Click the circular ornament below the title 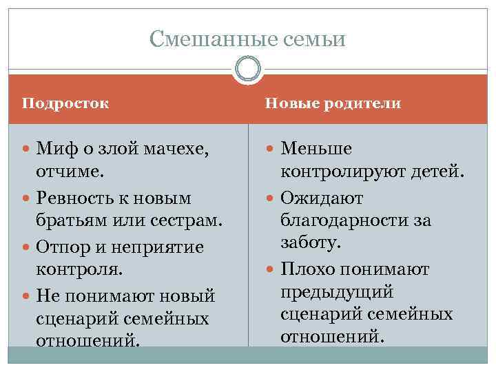tap(248, 70)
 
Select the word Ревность tap(72, 198)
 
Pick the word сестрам tap(188, 220)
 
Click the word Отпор tap(60, 247)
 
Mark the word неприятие tap(165, 247)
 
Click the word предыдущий tap(337, 291)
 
